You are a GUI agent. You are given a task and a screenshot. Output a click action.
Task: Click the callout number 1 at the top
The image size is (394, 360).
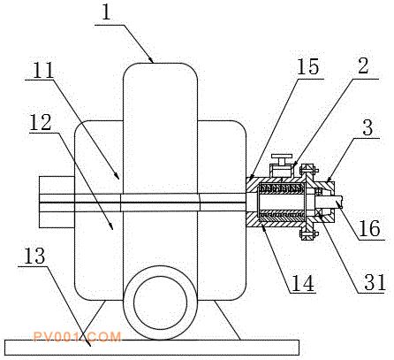[x=107, y=12]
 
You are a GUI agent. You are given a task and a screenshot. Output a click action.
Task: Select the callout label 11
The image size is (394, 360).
[x=43, y=71]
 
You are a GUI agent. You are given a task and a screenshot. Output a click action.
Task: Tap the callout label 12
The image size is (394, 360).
[x=41, y=122]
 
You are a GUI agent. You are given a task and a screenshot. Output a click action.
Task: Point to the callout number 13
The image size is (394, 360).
[x=34, y=256]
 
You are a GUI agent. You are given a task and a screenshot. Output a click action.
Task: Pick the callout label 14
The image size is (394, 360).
[x=302, y=283]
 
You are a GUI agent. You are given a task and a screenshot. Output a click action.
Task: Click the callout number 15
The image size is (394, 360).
[x=307, y=66]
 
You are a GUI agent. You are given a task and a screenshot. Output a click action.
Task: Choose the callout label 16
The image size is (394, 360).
[x=370, y=228]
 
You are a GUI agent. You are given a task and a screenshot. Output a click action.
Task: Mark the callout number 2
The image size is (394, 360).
[x=363, y=65]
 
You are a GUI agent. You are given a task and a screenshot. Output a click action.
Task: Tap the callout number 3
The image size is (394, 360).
[x=367, y=127]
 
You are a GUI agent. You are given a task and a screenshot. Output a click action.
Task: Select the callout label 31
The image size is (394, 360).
[x=375, y=282]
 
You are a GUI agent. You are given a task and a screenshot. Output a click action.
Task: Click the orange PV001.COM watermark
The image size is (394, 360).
[x=77, y=337]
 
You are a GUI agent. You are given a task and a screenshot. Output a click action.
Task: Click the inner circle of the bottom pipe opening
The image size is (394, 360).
[x=160, y=303]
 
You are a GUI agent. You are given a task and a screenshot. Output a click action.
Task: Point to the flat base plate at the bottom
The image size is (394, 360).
[x=152, y=348]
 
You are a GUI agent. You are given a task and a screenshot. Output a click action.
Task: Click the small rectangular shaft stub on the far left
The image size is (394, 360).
[x=57, y=202]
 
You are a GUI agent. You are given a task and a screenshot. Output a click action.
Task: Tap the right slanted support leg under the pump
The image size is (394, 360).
[x=227, y=320]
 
